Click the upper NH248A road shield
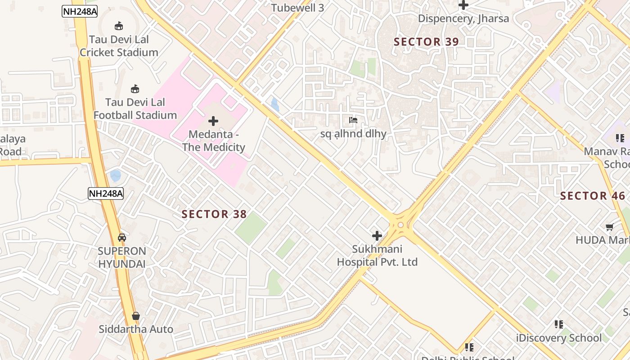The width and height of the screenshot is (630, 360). click(x=80, y=12)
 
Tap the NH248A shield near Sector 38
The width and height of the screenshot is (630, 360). click(x=106, y=193)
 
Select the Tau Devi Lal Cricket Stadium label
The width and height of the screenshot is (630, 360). click(x=119, y=46)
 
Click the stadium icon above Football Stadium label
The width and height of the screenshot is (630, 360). click(x=135, y=89)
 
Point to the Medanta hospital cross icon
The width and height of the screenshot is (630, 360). click(x=213, y=121)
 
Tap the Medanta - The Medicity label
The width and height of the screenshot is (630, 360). click(x=213, y=141)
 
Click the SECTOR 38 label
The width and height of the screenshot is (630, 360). click(x=214, y=214)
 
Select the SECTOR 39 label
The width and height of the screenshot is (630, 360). click(x=426, y=42)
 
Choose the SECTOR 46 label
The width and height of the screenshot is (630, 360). click(x=593, y=196)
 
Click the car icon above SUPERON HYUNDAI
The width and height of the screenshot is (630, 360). click(x=122, y=237)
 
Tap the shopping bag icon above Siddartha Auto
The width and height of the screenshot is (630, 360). click(x=136, y=316)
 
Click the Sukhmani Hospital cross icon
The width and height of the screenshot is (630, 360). click(x=377, y=235)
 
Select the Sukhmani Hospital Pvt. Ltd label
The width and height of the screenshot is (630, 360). click(x=377, y=256)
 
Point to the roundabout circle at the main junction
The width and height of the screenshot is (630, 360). click(x=400, y=225)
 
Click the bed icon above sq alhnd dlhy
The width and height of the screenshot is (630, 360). click(x=353, y=120)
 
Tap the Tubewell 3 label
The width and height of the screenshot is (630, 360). click(x=297, y=8)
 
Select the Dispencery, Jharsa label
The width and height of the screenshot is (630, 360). click(x=463, y=18)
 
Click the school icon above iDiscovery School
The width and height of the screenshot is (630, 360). click(x=559, y=324)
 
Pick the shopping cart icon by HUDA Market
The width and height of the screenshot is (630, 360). click(x=610, y=227)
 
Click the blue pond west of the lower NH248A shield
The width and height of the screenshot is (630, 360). click(x=116, y=175)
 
